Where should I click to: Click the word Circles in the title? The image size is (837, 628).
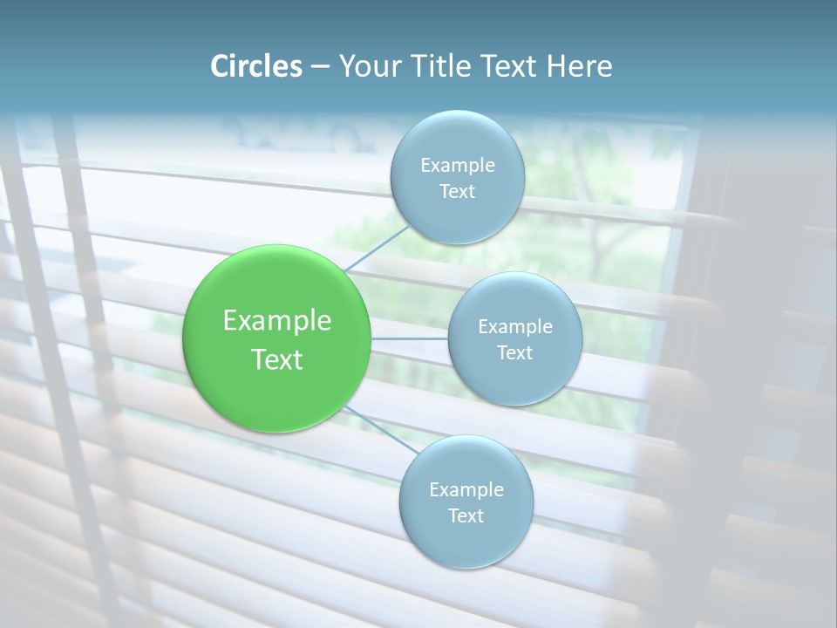click(255, 66)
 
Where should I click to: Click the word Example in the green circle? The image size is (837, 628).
click(277, 321)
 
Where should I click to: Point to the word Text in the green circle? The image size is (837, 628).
click(277, 359)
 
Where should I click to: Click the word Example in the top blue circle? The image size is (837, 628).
click(458, 166)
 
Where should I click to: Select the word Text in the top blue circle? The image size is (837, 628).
click(457, 192)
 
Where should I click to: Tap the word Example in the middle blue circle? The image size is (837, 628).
click(515, 327)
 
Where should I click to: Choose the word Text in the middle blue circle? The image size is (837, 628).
click(514, 353)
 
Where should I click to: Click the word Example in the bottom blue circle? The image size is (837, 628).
click(466, 490)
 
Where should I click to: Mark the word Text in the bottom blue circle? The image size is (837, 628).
click(466, 516)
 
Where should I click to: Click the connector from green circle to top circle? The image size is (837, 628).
click(377, 248)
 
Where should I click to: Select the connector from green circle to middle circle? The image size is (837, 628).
click(410, 338)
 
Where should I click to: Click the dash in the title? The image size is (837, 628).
click(320, 67)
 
